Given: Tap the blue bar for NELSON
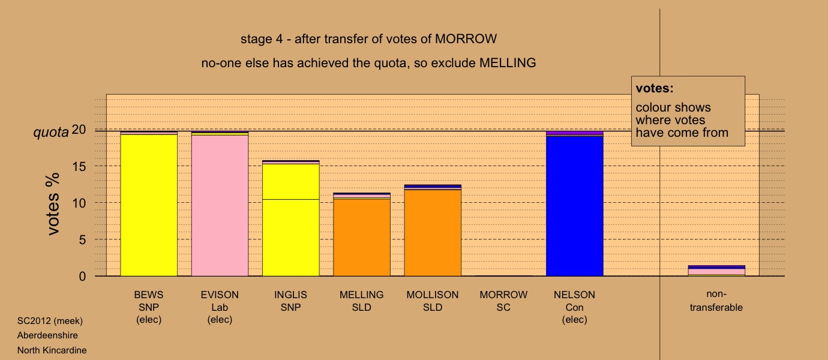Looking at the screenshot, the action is [x=575, y=206].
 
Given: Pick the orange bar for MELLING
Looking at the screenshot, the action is [x=362, y=237].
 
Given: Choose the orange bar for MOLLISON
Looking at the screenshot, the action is [x=433, y=233].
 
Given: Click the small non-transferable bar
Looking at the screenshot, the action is [x=716, y=271].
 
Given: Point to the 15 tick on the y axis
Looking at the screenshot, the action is [x=79, y=166].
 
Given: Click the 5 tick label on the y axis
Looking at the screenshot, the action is [x=82, y=240].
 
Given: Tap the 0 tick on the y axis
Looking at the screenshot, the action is [x=82, y=277].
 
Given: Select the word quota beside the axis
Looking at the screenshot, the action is [x=51, y=132].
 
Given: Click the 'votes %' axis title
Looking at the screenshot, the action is [x=53, y=203].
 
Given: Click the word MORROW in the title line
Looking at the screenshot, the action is [x=466, y=39].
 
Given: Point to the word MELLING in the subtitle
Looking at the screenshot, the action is [x=508, y=63].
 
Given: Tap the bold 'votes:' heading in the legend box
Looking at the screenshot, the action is [x=655, y=88].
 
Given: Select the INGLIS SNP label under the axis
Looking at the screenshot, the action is [x=290, y=301].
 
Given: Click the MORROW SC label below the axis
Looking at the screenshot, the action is [x=503, y=301].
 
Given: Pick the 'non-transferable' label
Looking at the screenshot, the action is [x=716, y=301].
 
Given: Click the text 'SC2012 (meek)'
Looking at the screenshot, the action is [x=50, y=321].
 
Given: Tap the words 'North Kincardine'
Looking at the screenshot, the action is [x=52, y=350].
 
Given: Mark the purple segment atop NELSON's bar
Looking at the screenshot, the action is [x=575, y=133].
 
